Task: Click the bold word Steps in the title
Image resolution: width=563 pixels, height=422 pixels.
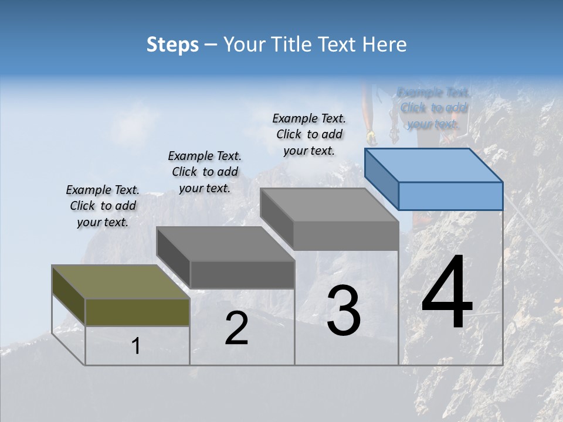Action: click(x=172, y=45)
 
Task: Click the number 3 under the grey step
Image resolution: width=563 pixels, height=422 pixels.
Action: click(x=343, y=311)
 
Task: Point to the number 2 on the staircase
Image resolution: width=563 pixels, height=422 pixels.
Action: click(x=236, y=328)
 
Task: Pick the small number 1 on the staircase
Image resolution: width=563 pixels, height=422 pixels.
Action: click(x=135, y=346)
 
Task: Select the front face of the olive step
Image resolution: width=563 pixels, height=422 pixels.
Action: click(x=137, y=312)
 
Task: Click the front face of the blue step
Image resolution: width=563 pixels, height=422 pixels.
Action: click(x=450, y=196)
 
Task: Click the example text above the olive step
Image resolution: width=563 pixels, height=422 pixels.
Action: click(x=103, y=206)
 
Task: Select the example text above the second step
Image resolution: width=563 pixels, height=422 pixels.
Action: click(x=205, y=172)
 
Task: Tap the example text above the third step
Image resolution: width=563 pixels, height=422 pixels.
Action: click(x=309, y=134)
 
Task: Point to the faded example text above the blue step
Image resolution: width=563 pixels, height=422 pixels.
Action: click(x=433, y=108)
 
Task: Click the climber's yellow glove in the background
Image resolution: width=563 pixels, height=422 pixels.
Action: click(x=371, y=138)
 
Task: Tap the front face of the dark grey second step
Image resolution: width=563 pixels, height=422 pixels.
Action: click(x=242, y=274)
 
